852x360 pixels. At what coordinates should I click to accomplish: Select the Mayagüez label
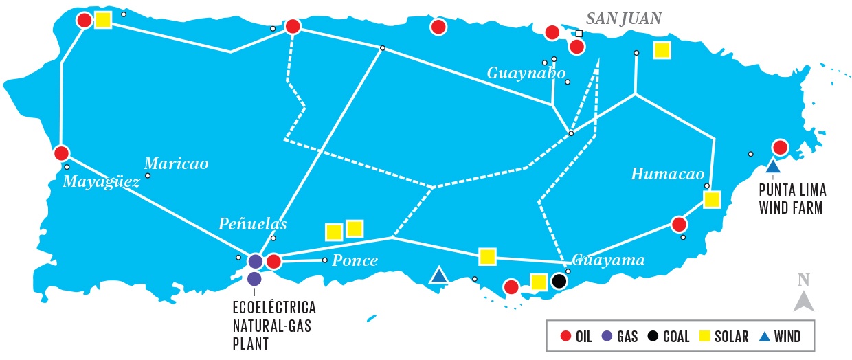click(x=101, y=181)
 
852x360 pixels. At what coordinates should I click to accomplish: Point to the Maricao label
click(x=176, y=164)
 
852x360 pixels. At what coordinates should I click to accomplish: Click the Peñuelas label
click(x=252, y=223)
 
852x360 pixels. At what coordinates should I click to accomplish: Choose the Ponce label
click(x=355, y=260)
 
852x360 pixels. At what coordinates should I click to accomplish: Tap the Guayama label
click(x=609, y=260)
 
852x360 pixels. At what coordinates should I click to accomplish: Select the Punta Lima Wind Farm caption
click(x=792, y=198)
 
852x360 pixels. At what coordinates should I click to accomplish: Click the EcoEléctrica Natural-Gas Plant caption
click(x=273, y=322)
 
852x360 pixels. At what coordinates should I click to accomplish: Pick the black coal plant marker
click(x=559, y=281)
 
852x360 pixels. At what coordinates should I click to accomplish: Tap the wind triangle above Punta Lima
click(x=773, y=166)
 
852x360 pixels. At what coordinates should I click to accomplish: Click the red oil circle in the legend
click(x=565, y=337)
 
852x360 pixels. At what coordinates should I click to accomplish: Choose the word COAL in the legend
click(x=676, y=337)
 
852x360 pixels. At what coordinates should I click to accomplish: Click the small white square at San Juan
click(x=579, y=33)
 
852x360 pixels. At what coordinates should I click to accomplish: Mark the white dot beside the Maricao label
click(x=148, y=175)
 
